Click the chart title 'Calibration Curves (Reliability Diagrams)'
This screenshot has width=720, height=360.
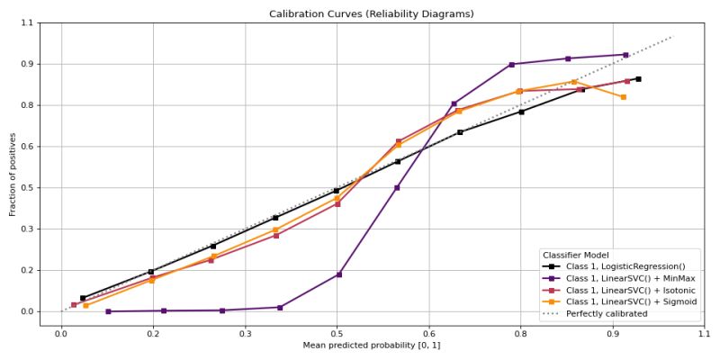[x=371, y=13]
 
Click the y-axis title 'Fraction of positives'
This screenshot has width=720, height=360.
[x=13, y=174]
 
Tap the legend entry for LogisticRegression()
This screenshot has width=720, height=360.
[x=625, y=266]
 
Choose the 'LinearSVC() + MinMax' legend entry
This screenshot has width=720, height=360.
[x=630, y=278]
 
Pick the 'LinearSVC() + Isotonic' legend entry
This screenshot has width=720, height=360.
[x=630, y=290]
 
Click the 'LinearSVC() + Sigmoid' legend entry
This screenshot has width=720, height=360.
[x=631, y=301]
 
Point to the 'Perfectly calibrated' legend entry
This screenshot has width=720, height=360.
[x=606, y=313]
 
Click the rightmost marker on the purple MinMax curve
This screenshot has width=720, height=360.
[x=625, y=55]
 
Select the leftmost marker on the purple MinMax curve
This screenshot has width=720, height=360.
[x=108, y=311]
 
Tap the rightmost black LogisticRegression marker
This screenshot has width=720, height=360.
[x=638, y=79]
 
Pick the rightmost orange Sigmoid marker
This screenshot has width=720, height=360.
[x=623, y=97]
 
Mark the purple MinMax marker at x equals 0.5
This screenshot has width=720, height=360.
[x=338, y=274]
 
